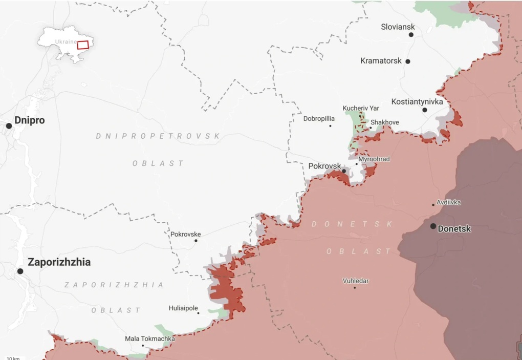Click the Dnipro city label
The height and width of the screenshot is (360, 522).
[29, 120]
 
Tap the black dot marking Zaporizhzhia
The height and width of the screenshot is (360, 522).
[20, 271]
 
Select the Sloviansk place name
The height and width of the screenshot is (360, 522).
[398, 27]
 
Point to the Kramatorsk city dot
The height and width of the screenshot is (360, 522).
[408, 61]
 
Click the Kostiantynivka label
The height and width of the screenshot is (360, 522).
[417, 101]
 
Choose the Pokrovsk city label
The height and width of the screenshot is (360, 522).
[324, 166]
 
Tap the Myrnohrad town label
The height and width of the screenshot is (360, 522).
[374, 159]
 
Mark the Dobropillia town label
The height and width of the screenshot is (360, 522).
[319, 118]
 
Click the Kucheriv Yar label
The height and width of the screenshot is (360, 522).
[361, 108]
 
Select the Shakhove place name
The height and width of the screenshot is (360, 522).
[384, 122]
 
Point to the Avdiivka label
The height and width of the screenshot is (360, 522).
[448, 202]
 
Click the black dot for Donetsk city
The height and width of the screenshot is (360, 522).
[433, 226]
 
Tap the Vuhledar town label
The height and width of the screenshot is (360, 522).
[356, 281]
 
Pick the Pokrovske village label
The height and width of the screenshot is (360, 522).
[185, 234]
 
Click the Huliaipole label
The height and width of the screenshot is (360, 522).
[183, 308]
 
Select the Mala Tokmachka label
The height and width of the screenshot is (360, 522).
[149, 338]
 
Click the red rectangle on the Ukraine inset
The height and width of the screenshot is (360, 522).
[83, 45]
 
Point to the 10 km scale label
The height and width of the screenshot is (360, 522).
[13, 357]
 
